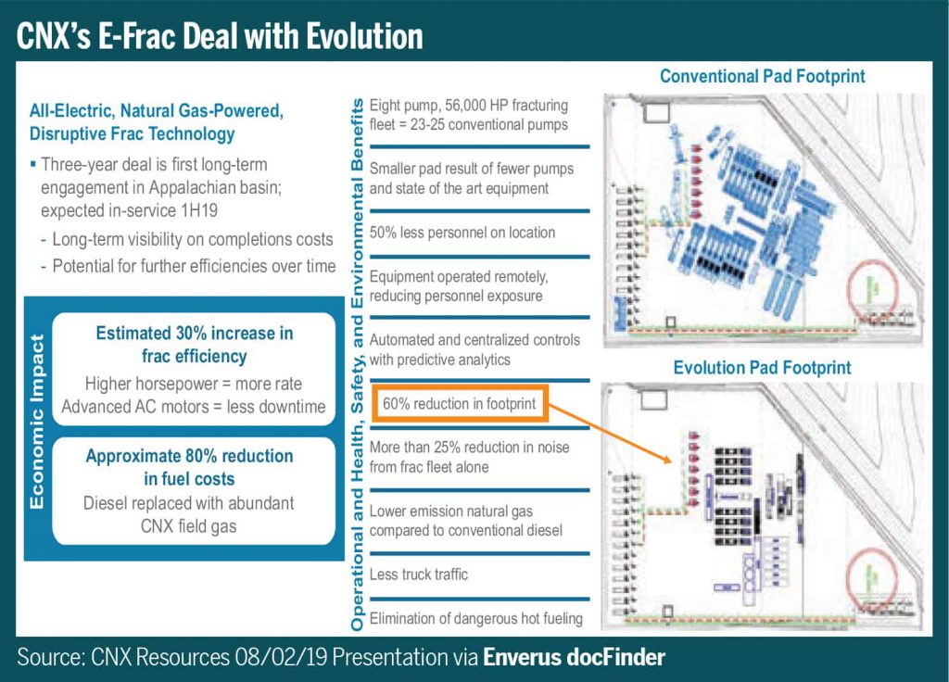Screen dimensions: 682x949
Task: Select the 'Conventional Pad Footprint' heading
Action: pyautogui.click(x=762, y=76)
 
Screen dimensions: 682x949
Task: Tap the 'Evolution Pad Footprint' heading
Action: pyautogui.click(x=762, y=368)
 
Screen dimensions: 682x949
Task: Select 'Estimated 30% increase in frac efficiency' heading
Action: pyautogui.click(x=195, y=344)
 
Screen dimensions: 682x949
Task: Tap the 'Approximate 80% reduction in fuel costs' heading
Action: pyautogui.click(x=189, y=467)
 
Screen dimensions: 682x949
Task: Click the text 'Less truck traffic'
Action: pyautogui.click(x=419, y=575)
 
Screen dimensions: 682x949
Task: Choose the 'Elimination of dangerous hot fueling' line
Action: pyautogui.click(x=476, y=618)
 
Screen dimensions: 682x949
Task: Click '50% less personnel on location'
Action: pyautogui.click(x=462, y=233)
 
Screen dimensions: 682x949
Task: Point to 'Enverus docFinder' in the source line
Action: pyautogui.click(x=574, y=658)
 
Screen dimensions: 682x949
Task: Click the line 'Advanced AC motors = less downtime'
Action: pyautogui.click(x=194, y=406)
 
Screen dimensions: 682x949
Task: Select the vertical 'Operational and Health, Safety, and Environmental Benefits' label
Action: pyautogui.click(x=356, y=361)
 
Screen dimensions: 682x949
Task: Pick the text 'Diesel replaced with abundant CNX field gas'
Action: pyautogui.click(x=189, y=515)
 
